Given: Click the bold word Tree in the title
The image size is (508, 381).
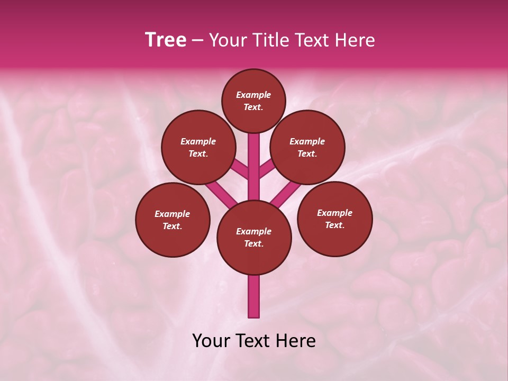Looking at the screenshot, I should pos(166,40).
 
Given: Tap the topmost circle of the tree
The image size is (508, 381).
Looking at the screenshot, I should pos(253,101).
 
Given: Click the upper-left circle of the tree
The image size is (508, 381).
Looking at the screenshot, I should pos(198,147).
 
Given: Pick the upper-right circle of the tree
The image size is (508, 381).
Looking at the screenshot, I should pos(307,147).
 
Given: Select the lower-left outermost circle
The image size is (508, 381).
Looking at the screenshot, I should pos(173,220).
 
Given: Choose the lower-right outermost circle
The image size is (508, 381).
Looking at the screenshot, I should pos(334,219).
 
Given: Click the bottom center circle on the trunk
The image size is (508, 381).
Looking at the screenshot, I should pos(254,237).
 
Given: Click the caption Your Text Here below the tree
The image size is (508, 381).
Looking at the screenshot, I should pos(254,341).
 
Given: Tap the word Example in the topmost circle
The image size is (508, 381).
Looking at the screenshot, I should pos(253,95).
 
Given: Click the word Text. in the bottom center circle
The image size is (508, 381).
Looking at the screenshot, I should pos(253,243).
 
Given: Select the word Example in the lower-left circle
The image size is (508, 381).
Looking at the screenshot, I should pos(172,214).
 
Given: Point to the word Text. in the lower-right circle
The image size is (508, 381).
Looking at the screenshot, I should pos(334,225).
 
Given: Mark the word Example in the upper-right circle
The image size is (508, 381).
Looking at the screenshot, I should pos(307,141).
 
